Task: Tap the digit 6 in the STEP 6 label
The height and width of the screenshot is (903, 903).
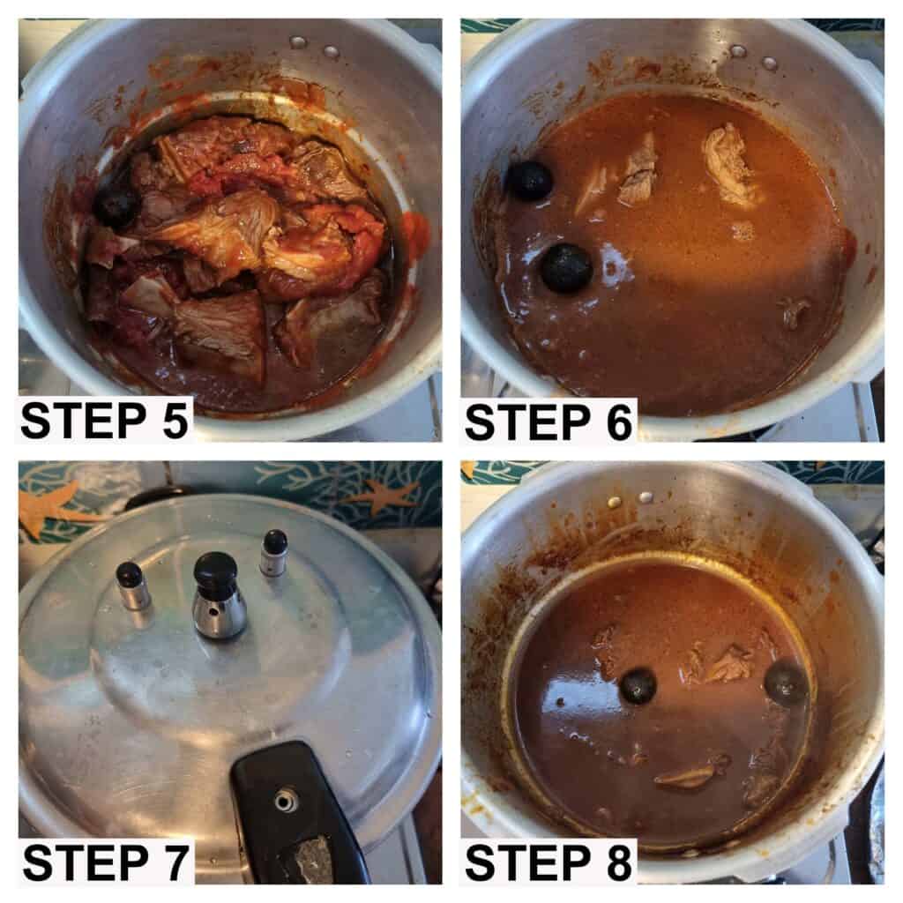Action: coord(618,422)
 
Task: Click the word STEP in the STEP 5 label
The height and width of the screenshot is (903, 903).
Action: coord(84,421)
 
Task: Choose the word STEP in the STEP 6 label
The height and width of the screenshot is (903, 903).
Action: coord(527,422)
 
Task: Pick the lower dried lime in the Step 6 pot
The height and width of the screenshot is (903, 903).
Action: coord(567,268)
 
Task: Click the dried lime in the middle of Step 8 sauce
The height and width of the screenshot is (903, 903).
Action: coord(638,686)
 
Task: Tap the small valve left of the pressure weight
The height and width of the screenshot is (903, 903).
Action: coord(131,586)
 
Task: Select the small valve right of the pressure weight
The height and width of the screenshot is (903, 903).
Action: coord(274,552)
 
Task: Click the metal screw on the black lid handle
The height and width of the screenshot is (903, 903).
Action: coord(286,801)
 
